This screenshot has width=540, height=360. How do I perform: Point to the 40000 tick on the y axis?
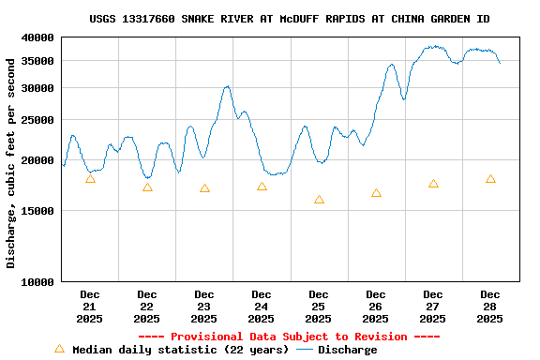tap(38, 37)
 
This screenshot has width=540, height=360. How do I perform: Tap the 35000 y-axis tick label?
tap(38, 61)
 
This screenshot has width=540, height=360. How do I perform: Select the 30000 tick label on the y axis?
tap(38, 88)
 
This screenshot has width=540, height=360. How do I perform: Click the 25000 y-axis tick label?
tap(38, 120)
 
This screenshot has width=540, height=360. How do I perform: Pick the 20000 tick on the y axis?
tap(38, 160)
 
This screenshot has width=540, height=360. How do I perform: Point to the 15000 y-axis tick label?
tap(38, 211)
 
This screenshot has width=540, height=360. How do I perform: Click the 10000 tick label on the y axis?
tap(38, 281)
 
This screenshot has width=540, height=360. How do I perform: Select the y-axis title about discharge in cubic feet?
tap(11, 162)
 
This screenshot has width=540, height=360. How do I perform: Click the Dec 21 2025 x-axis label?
tap(90, 307)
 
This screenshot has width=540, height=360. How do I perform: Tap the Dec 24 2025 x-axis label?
tap(262, 307)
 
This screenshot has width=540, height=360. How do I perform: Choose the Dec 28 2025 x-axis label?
tap(489, 307)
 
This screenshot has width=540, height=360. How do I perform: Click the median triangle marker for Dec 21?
tap(90, 179)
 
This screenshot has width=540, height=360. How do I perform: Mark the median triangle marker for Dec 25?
tap(319, 200)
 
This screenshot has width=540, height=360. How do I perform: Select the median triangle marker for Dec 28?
tap(490, 179)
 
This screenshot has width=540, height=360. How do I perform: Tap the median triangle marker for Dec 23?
tap(204, 188)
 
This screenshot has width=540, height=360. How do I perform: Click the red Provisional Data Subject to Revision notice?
tap(289, 337)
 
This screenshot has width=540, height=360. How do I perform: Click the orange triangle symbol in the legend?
tap(59, 349)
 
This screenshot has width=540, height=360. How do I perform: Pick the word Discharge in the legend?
tap(347, 350)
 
